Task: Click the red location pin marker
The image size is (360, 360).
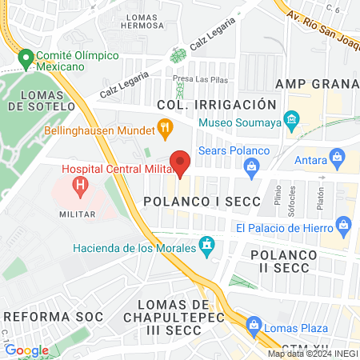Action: (x=181, y=162)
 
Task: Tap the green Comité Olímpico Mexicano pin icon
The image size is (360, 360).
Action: (x=26, y=58)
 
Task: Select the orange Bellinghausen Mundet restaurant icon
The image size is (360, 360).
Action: (x=165, y=127)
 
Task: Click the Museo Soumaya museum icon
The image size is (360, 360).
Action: (x=291, y=122)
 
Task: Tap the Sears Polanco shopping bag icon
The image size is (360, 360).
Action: (x=251, y=166)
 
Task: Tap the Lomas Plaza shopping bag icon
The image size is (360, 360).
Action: (x=254, y=325)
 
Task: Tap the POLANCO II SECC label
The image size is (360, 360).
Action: (x=284, y=262)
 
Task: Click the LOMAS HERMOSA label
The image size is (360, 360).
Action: (x=142, y=20)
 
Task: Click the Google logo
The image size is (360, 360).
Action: (x=26, y=350)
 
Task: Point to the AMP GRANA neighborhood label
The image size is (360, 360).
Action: (x=316, y=85)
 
